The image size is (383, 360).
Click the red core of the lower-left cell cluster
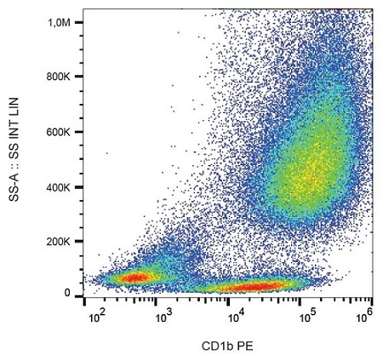134,277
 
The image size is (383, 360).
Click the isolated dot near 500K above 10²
106,154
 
